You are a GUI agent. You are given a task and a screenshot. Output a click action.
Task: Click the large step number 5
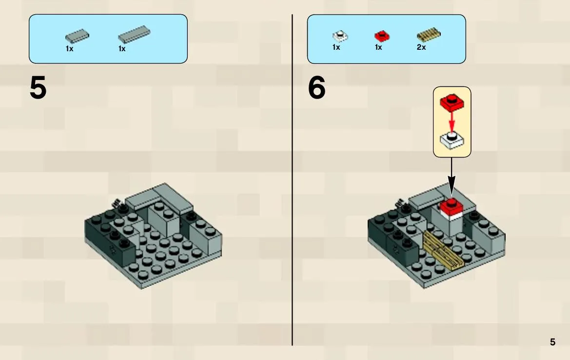[x=38, y=88]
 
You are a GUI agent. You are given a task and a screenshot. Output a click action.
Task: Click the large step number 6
[x=316, y=88]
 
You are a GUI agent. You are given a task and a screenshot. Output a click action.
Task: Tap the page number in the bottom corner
[x=552, y=342]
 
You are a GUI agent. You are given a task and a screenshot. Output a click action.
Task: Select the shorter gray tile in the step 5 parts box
[x=77, y=36]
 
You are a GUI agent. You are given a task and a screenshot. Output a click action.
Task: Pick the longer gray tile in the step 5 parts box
[x=134, y=35]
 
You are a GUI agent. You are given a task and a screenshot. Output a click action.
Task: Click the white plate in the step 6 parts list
[x=340, y=36]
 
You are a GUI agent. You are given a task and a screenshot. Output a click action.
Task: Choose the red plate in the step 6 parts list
[x=382, y=36]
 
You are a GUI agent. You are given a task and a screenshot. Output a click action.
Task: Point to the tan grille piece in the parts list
[x=429, y=35]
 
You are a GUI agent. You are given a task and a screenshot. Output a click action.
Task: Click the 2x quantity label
[x=421, y=47]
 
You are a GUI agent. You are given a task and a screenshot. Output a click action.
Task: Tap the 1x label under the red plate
[x=378, y=47]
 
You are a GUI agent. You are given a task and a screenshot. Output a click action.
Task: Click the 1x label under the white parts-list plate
[x=336, y=47]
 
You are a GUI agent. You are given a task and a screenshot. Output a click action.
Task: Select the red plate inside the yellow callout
[x=452, y=102]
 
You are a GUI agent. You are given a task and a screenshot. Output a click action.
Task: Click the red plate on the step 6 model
[x=451, y=207]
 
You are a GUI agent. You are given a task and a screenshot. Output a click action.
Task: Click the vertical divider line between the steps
[x=292, y=180]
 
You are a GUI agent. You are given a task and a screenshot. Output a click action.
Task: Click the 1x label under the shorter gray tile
[x=69, y=49]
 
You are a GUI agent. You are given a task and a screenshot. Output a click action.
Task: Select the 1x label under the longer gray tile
[x=122, y=49]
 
